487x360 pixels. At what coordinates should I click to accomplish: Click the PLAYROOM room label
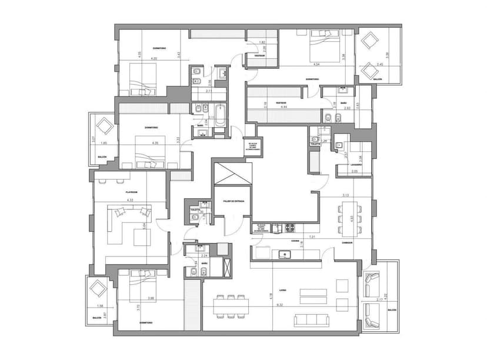click(131, 192)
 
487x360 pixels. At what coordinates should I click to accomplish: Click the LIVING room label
click(282, 289)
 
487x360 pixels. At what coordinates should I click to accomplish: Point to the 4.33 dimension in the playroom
click(130, 201)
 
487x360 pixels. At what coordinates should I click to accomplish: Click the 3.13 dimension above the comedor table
click(345, 195)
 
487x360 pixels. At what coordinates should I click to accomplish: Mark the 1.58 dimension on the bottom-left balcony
click(99, 306)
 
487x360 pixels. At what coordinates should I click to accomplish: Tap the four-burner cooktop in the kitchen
click(289, 227)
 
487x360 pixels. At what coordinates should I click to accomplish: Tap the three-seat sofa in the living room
click(311, 319)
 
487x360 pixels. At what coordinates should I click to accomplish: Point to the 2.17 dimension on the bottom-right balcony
click(378, 301)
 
